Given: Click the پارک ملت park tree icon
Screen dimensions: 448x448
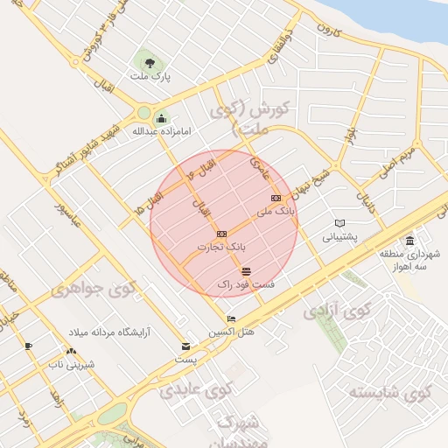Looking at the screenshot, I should point(150,62).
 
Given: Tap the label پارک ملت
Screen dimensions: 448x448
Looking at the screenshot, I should point(150,77).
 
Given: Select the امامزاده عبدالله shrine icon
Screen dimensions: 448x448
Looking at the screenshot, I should point(160,118).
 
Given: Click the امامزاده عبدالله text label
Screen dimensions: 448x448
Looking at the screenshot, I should point(160,132).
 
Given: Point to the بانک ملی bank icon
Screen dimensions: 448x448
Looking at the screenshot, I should point(276,199).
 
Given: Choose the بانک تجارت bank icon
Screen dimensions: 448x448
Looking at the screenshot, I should point(221,234).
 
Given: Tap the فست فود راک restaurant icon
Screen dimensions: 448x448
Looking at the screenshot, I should point(246,270).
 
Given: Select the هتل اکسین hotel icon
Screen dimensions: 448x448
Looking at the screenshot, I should point(231,318).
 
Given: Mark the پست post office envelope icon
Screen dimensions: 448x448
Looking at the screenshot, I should point(185,346).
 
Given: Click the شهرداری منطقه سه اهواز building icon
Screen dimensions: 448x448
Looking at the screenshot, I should point(409,241).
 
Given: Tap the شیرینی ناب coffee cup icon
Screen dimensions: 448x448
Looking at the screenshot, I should point(29,346).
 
